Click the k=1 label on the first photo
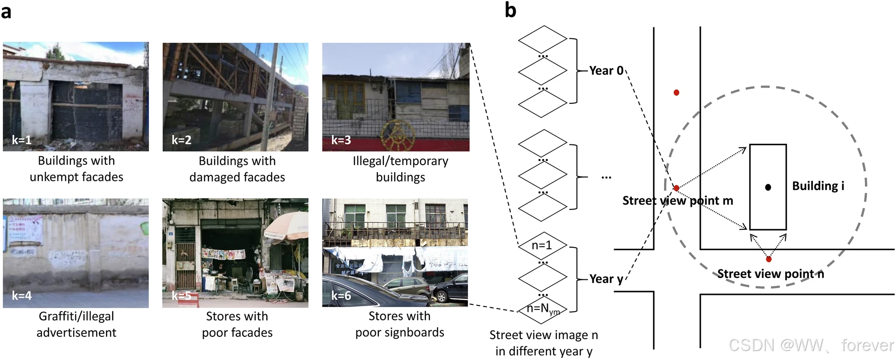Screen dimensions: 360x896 point(22,140)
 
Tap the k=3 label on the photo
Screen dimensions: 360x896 point(341,140)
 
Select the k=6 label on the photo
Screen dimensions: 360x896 point(341,296)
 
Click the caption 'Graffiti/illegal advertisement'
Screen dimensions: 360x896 point(76,324)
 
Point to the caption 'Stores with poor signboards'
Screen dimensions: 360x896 point(399,324)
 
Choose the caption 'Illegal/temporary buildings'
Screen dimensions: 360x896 point(400,169)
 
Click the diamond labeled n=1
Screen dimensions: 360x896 point(542,245)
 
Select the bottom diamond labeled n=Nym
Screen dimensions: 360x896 point(543,309)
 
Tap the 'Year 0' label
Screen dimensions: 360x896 point(606,71)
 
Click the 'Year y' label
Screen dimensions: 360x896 point(606,279)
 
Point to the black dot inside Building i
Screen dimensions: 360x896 point(768,187)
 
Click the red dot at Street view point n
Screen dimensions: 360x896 point(769,259)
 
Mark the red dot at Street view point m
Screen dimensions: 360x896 point(676,188)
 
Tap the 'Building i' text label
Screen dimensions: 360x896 point(818,186)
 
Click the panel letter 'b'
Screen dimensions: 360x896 point(510,10)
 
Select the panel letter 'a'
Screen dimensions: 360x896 point(6,11)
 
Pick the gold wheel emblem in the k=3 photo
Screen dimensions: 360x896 point(395,134)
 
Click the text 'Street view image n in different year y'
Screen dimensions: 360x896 point(543,343)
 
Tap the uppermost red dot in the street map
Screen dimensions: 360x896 point(676,92)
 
